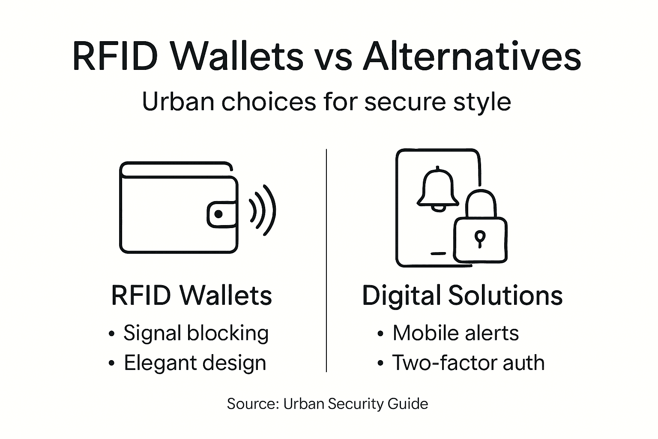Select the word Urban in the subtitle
(178, 102)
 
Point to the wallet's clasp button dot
(218, 214)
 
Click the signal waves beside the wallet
(262, 210)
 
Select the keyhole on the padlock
(480, 238)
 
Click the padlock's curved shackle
(481, 201)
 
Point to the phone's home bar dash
(438, 253)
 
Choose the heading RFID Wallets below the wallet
(191, 295)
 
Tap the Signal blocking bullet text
(196, 333)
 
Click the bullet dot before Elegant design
(112, 364)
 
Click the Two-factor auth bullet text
(468, 363)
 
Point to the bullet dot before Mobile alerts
(380, 334)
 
